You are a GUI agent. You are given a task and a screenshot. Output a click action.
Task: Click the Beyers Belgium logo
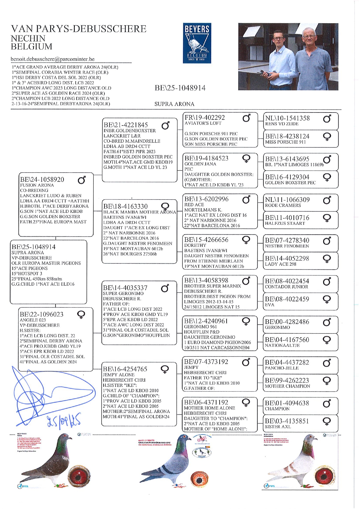[x=197, y=43]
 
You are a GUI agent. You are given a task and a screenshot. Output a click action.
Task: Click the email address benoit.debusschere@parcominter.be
[x=53, y=59]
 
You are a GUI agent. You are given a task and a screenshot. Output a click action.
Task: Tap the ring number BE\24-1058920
[x=42, y=180]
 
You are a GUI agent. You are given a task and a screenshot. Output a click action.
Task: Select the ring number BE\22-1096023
[x=41, y=314]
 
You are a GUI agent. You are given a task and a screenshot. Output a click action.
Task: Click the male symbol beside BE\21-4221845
[x=165, y=126]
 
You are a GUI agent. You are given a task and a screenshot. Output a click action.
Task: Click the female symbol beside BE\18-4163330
[x=165, y=207]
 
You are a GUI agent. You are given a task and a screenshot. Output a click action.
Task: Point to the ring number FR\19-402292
[x=205, y=117]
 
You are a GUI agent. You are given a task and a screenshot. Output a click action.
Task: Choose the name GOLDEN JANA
[x=200, y=164]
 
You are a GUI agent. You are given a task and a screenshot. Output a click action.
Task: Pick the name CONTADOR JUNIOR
[x=286, y=287]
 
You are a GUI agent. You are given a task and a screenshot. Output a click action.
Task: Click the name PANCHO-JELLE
[x=282, y=368]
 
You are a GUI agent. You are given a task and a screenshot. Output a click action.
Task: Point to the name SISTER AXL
[x=278, y=427]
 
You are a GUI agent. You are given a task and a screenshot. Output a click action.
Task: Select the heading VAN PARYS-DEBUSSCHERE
[x=79, y=29]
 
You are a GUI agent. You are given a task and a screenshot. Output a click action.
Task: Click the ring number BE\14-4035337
[x=125, y=288]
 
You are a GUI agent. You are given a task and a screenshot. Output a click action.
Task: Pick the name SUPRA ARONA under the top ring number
[x=174, y=104]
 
